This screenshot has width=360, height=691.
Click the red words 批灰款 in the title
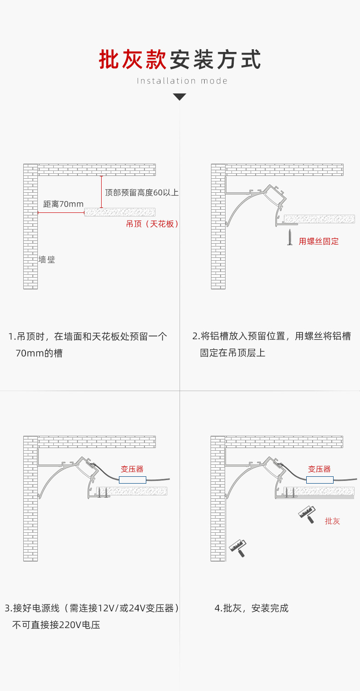point(133,60)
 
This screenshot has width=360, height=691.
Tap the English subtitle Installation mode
point(182,81)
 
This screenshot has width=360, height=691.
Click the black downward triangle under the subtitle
point(180,97)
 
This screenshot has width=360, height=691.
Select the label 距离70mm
point(63,204)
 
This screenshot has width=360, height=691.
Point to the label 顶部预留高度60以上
point(142,192)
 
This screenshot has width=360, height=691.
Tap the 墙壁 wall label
point(47,259)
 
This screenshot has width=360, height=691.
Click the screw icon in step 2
point(289,237)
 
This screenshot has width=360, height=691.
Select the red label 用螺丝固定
point(319,241)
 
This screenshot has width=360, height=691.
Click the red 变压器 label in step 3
point(132,469)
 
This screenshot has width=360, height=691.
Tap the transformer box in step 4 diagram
point(319,480)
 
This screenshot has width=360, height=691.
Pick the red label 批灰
point(332,521)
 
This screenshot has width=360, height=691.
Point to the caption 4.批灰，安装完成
point(251,608)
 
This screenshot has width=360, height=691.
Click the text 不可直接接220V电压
point(56,625)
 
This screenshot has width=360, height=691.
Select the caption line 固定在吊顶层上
point(232,353)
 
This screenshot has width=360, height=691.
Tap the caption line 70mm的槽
point(39,353)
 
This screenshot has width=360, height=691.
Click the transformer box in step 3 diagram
point(133,480)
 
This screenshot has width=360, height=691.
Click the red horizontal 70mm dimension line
point(61,212)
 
